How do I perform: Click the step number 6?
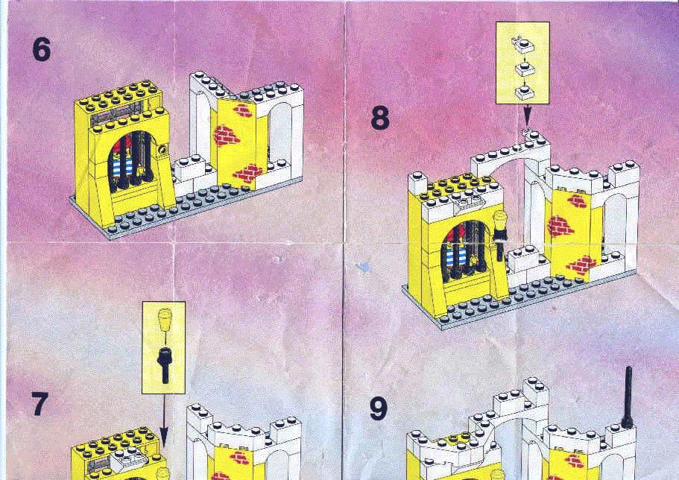(x=42, y=49)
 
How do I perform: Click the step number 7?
(x=39, y=404)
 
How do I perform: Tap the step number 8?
(x=380, y=119)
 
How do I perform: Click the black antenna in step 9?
(x=628, y=397)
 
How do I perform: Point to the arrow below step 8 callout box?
(x=526, y=116)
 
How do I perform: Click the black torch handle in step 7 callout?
(x=165, y=364)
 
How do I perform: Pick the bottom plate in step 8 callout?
(x=523, y=92)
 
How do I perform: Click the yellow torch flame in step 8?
(x=501, y=220)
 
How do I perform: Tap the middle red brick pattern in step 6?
(x=225, y=136)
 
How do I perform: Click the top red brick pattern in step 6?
(x=244, y=110)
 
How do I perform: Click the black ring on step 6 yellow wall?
(x=162, y=150)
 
